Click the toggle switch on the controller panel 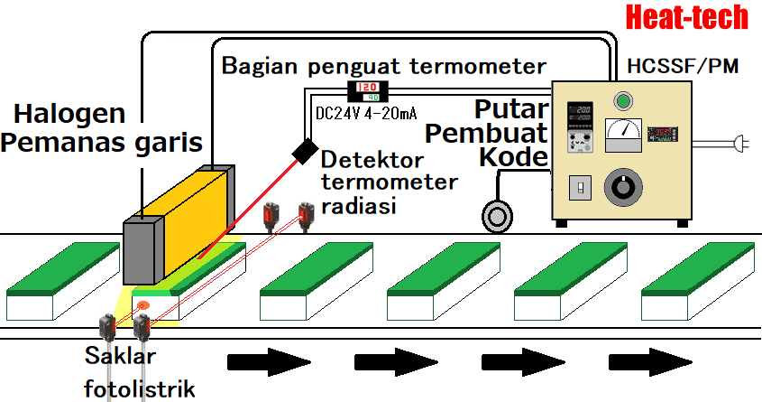(578, 188)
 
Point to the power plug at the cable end (741, 143)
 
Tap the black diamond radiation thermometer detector (304, 151)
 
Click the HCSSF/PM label (666, 68)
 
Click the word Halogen (69, 115)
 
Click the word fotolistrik (139, 388)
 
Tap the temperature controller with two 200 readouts (577, 126)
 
